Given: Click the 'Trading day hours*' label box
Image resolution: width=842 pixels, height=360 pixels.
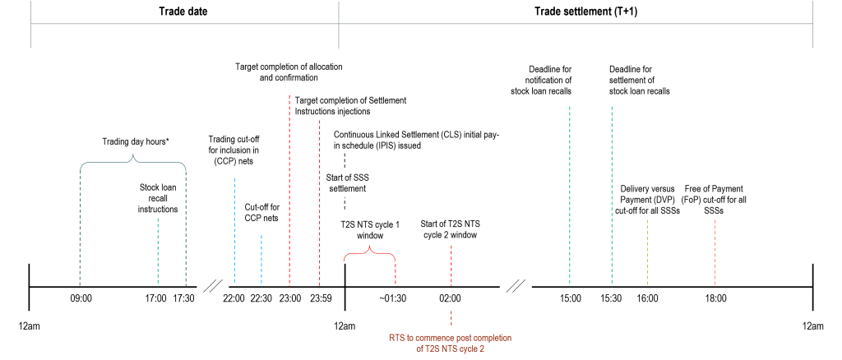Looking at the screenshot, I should [x=136, y=142].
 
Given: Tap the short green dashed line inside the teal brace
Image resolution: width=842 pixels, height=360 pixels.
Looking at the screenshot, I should [x=158, y=252].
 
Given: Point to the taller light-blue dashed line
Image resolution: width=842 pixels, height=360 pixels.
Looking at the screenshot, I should [x=234, y=230].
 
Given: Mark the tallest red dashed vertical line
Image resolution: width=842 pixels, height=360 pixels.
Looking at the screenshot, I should [x=289, y=189].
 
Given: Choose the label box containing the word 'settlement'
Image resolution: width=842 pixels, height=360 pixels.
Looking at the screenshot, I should [x=347, y=188].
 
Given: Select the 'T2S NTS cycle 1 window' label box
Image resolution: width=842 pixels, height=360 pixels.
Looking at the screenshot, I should [x=370, y=235].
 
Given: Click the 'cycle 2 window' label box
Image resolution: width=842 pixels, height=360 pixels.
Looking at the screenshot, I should [x=450, y=234].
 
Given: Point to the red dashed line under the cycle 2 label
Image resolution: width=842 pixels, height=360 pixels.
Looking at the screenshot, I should [x=451, y=265].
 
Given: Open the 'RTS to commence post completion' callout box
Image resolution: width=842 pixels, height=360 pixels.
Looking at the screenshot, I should [x=451, y=343].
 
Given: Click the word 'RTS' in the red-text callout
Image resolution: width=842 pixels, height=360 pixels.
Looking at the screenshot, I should [x=398, y=337].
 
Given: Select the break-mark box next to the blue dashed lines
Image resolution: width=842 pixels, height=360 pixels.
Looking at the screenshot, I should [x=212, y=287].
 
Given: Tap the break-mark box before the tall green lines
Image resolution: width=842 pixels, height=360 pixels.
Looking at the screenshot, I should [x=516, y=287].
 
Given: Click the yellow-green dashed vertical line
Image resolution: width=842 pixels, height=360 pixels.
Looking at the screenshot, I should [x=648, y=252].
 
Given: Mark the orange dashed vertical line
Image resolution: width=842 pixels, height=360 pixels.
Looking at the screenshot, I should [x=715, y=252].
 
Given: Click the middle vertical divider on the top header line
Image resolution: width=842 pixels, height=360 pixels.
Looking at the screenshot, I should [x=339, y=25].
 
